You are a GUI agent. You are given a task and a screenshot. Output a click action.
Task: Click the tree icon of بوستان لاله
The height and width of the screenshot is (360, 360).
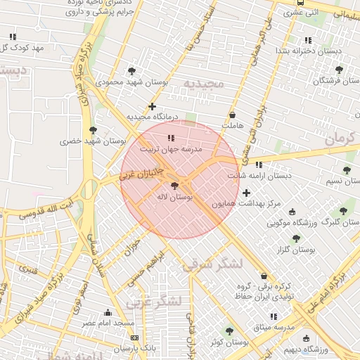174,186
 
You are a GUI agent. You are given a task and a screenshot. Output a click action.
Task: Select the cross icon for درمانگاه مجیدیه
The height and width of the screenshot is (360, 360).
152,106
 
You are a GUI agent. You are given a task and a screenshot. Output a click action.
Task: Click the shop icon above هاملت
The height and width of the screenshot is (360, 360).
233,115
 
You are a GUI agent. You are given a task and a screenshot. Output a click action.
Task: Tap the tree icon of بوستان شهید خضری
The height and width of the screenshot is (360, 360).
93,130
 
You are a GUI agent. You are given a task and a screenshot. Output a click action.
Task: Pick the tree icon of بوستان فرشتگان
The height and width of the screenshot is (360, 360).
340,70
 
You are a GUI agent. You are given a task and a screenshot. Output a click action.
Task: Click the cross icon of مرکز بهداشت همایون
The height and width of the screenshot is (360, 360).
246,193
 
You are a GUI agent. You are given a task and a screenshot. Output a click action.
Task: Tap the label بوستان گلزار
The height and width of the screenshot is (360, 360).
296,250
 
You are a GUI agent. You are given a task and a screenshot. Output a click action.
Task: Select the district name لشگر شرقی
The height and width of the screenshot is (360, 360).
212,264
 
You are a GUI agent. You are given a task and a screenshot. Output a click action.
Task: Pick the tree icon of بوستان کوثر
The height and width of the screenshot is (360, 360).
229,331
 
